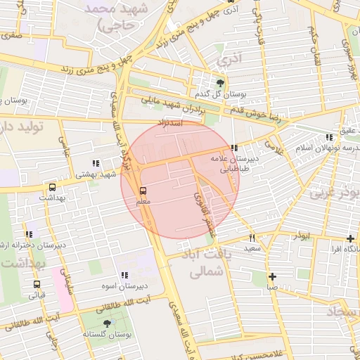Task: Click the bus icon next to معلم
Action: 143,191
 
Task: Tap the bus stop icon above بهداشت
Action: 52,188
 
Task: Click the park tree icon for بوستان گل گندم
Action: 221,82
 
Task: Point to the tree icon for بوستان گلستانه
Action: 107,323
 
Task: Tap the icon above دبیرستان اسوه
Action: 124,275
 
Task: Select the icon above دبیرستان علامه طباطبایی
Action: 233,148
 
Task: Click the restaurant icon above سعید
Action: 252,238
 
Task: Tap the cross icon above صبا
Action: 272,276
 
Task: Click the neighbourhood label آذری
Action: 228,60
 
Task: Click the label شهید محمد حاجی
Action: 117,18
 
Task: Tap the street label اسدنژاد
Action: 172,123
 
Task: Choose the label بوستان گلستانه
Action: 107,335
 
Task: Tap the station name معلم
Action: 143,202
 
